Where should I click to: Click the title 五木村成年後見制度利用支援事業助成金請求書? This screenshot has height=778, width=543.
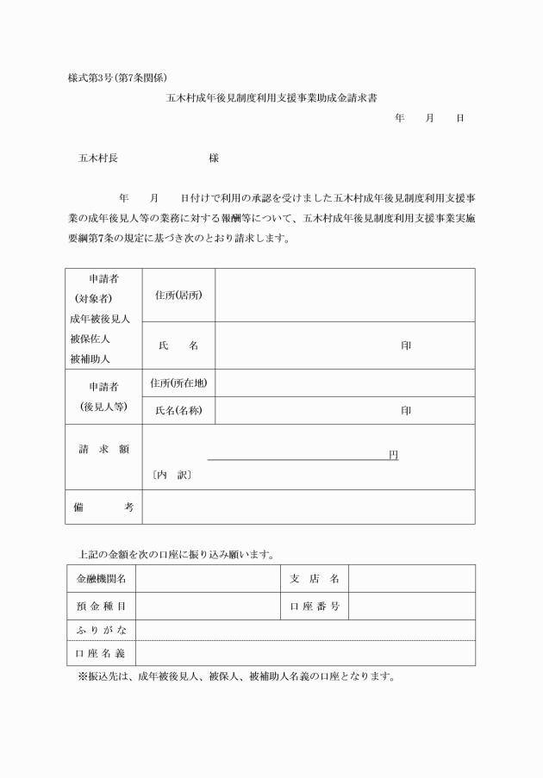271,98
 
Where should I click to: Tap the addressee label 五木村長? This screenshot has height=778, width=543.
98,159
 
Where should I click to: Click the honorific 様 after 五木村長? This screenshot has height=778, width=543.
214,159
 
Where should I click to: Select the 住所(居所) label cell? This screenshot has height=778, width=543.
178,295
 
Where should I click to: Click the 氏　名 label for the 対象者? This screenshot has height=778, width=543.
178,345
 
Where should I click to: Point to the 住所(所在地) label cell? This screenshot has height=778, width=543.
178,383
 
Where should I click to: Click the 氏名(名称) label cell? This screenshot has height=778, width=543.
178,410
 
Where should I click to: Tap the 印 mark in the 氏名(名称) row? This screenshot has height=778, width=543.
405,410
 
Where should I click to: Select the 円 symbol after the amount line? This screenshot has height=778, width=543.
393,454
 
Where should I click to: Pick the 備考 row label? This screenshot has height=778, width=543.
103,507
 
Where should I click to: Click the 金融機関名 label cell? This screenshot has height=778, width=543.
101,578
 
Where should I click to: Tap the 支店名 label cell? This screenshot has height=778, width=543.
314,578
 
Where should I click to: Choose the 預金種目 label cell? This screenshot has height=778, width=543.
101,606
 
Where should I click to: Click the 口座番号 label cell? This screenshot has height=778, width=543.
314,606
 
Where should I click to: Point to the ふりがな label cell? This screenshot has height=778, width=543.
101,630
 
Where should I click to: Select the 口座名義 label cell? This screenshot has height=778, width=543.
101,653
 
